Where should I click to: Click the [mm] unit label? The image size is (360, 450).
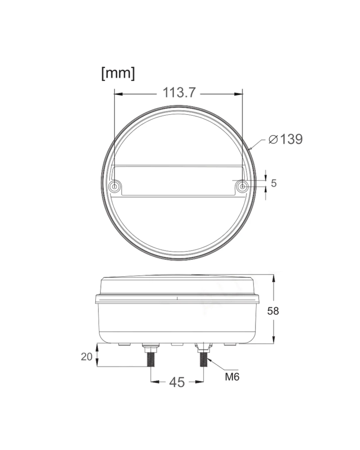click(x=118, y=74)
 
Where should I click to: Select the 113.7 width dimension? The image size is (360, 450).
click(x=179, y=92)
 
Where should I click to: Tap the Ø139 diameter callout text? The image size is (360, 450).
click(x=286, y=139)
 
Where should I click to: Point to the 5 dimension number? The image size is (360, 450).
click(x=274, y=183)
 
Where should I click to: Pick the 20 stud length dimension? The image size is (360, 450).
click(x=87, y=357)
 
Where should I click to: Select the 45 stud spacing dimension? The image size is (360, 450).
click(x=177, y=382)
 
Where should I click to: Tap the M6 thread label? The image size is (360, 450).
click(x=232, y=377)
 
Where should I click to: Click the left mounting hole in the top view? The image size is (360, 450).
click(x=115, y=186)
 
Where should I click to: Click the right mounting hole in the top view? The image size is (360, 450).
click(x=242, y=186)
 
